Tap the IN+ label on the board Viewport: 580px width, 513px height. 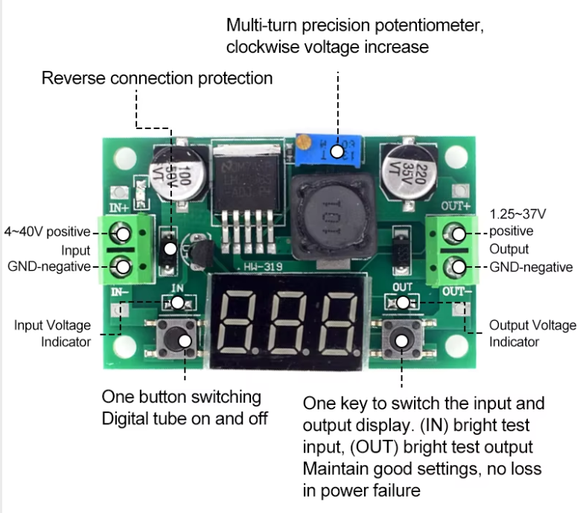point(120,207)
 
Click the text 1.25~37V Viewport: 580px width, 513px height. point(517,214)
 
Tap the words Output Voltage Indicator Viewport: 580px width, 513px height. point(532,333)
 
